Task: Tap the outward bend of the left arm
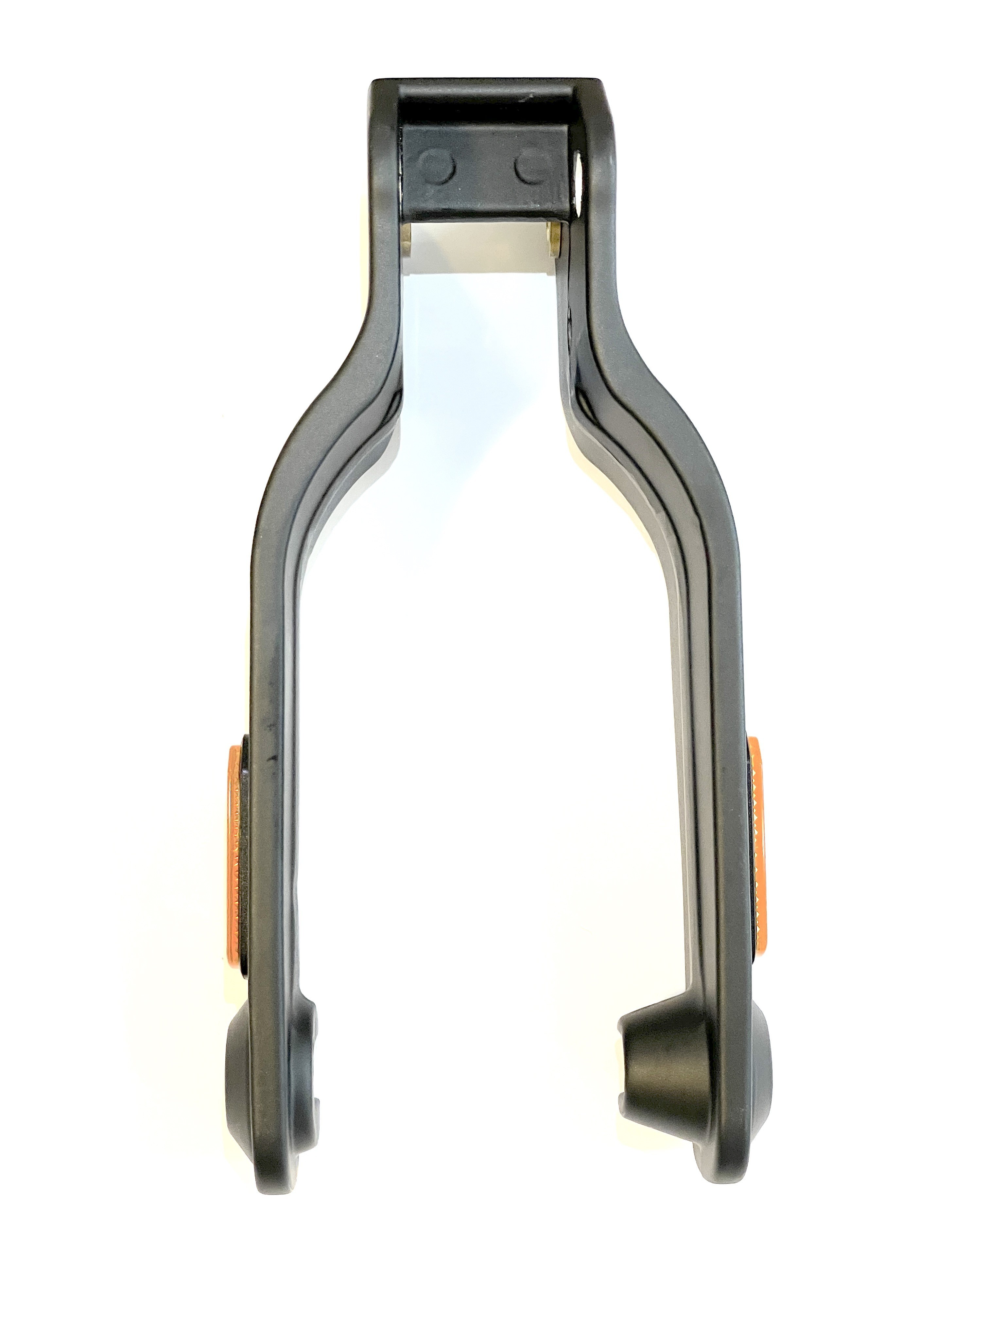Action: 310,429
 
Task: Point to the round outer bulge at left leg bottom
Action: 238,1073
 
